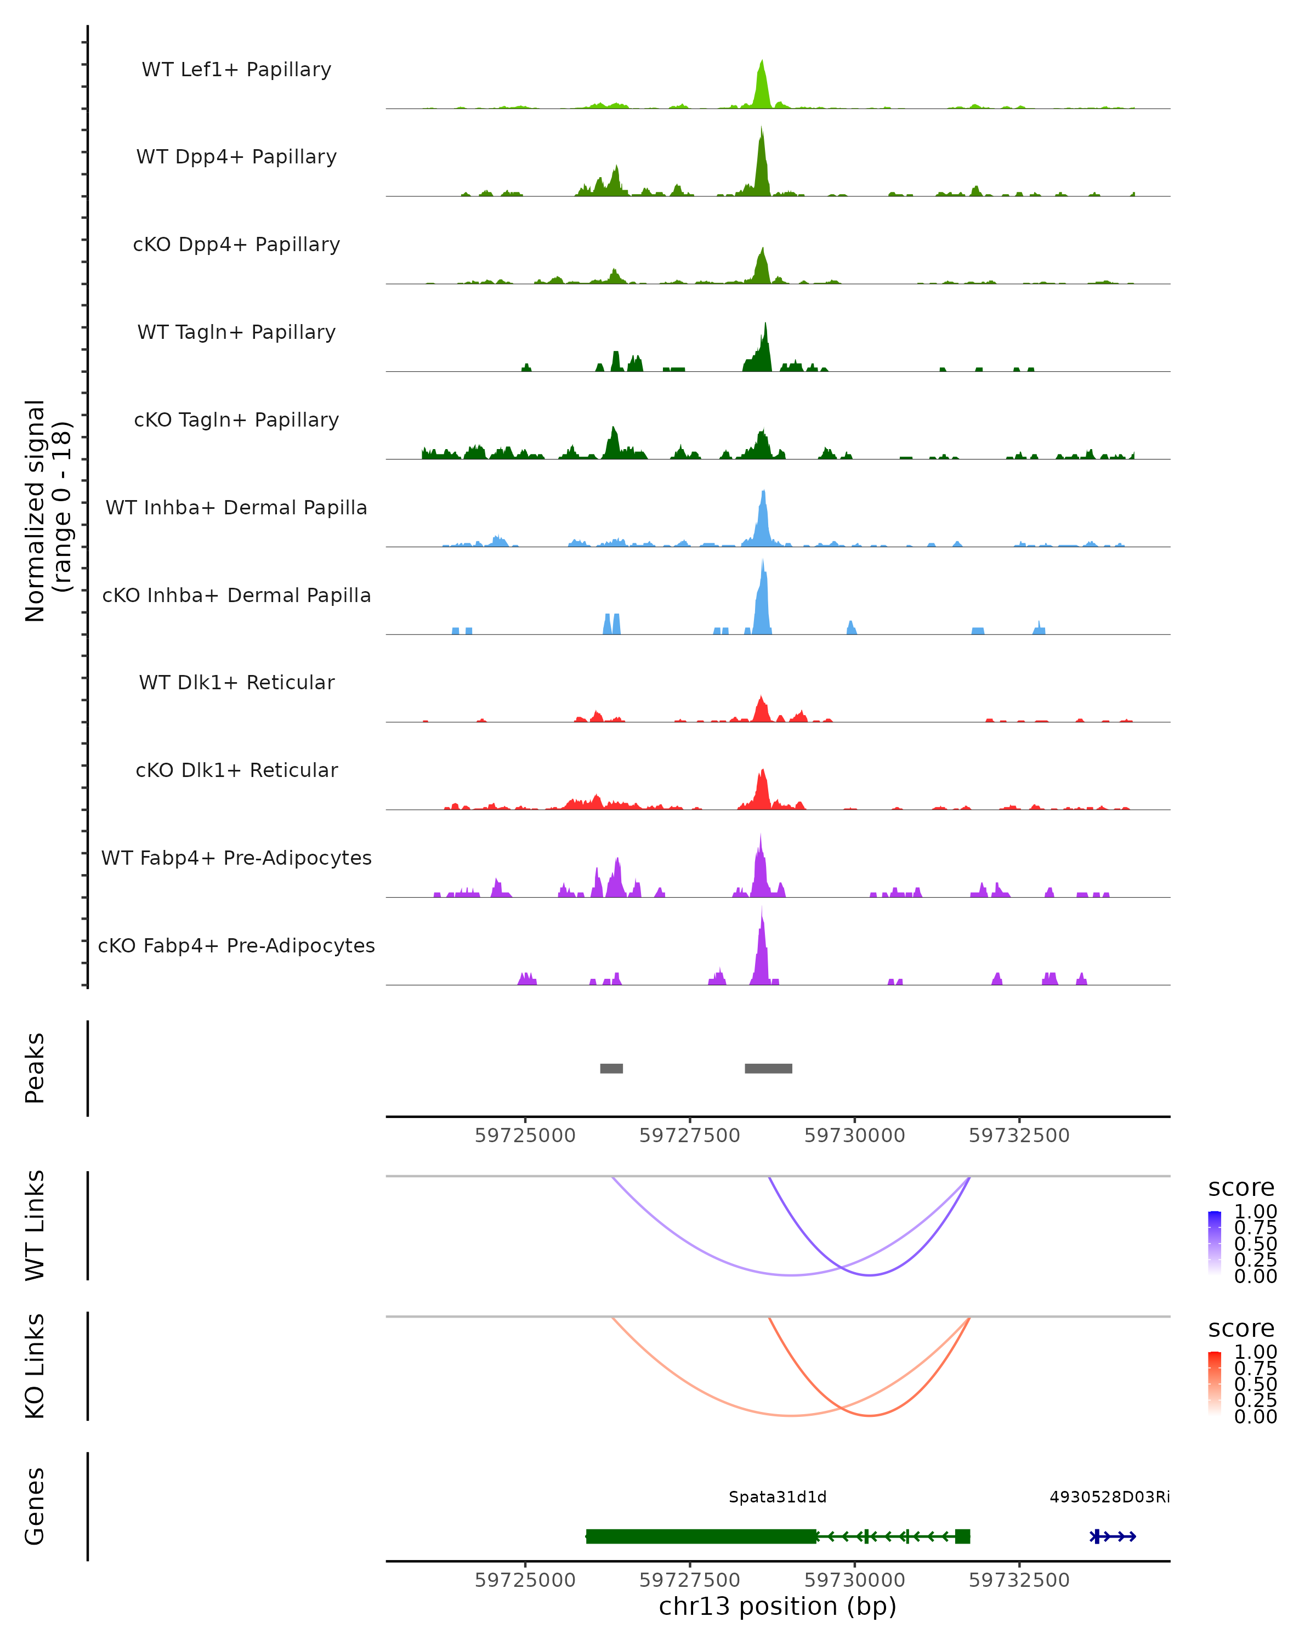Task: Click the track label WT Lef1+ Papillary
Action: [236, 70]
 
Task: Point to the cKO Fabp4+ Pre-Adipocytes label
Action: [236, 945]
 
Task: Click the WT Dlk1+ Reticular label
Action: [236, 682]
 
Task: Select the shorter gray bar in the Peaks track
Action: [611, 1068]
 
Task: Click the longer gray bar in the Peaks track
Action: [768, 1068]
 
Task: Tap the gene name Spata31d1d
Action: [778, 1497]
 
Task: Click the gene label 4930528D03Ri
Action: [1109, 1497]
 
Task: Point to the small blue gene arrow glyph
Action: [1113, 1536]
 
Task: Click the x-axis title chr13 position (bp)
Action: [778, 1606]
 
